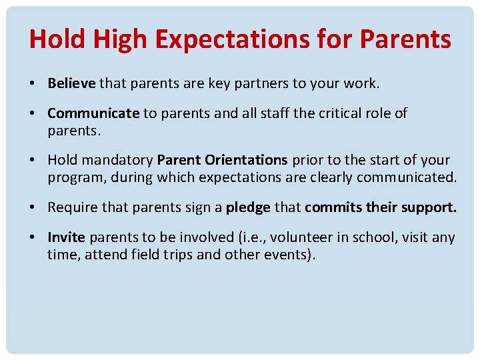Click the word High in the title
(x=117, y=40)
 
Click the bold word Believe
(x=72, y=83)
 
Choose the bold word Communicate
(x=93, y=113)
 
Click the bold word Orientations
(x=246, y=161)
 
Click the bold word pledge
(x=248, y=207)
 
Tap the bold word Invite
(x=67, y=237)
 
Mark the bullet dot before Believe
(x=32, y=84)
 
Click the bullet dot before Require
(x=32, y=208)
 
